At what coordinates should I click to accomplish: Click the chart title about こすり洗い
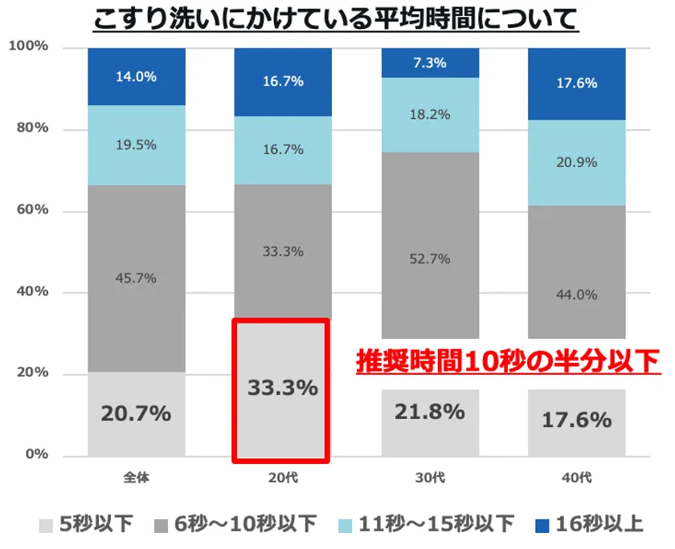336,18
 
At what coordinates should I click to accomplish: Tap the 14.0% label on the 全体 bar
136,77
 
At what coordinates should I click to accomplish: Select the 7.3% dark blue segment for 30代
430,63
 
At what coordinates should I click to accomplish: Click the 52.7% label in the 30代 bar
430,259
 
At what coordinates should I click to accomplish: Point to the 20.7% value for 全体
136,414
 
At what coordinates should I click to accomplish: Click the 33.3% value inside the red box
282,388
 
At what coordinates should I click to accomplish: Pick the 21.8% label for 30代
430,412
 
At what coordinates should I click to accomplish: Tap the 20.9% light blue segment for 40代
577,162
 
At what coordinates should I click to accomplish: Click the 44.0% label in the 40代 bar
577,295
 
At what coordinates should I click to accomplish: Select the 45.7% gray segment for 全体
136,279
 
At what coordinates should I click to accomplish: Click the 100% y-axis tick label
28,47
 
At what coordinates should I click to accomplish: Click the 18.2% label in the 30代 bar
430,115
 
